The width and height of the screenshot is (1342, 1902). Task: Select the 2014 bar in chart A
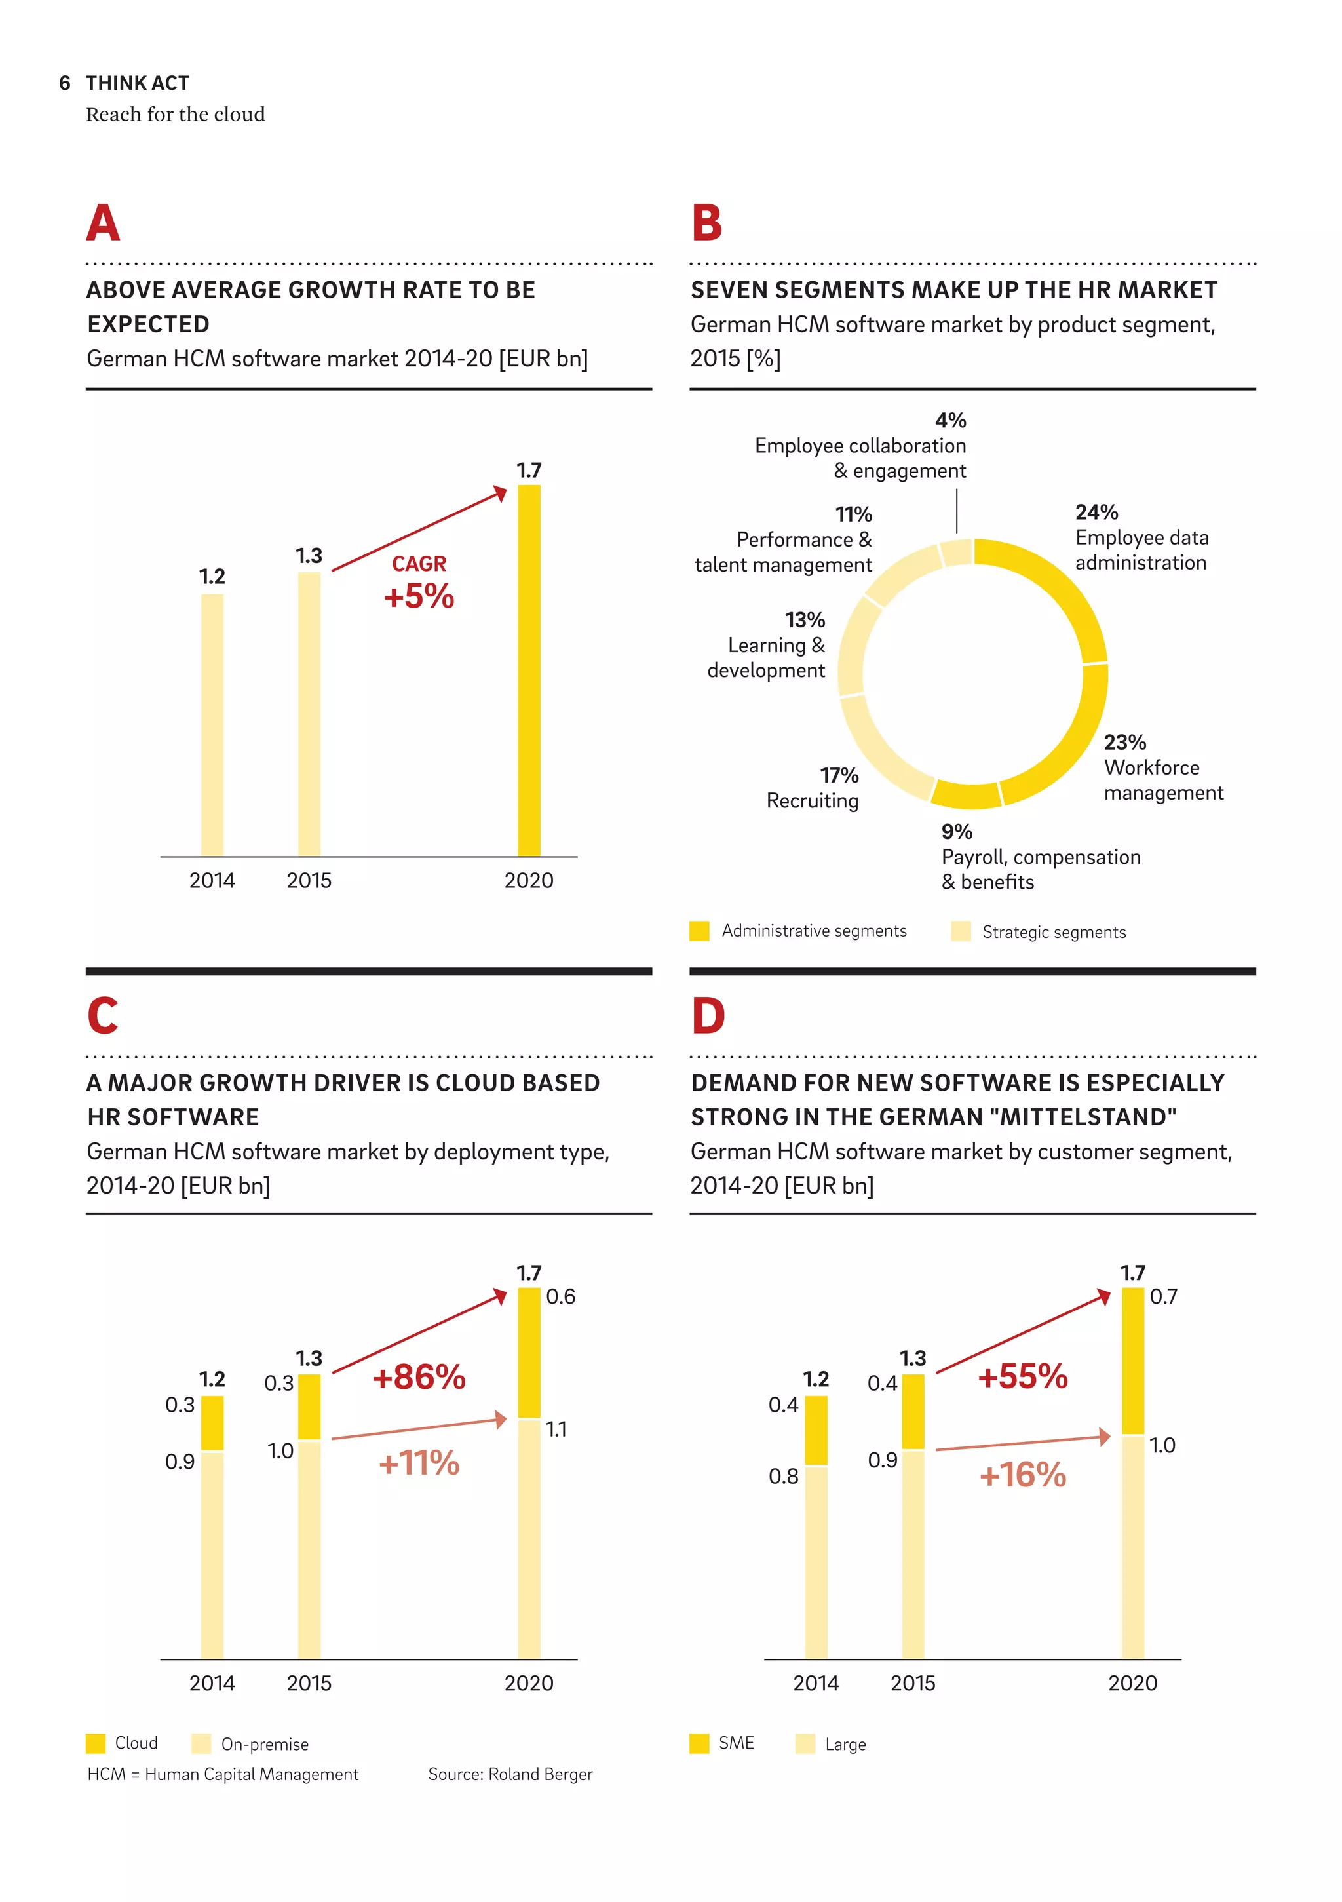[x=212, y=725]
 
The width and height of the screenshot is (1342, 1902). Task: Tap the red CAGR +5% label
[x=419, y=585]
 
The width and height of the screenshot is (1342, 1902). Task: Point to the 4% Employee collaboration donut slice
[x=957, y=553]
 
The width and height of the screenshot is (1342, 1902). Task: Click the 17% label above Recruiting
[x=839, y=775]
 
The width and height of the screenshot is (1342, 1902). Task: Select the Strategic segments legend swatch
[x=960, y=931]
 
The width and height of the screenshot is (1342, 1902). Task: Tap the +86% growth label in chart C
[x=419, y=1377]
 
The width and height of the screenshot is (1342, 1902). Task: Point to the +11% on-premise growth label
[x=419, y=1463]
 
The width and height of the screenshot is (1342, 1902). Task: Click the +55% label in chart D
[x=1022, y=1377]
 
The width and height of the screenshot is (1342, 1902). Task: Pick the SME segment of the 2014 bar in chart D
[x=816, y=1430]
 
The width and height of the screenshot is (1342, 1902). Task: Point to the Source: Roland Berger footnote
[x=510, y=1774]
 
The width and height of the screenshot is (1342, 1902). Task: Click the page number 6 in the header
[x=65, y=83]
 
